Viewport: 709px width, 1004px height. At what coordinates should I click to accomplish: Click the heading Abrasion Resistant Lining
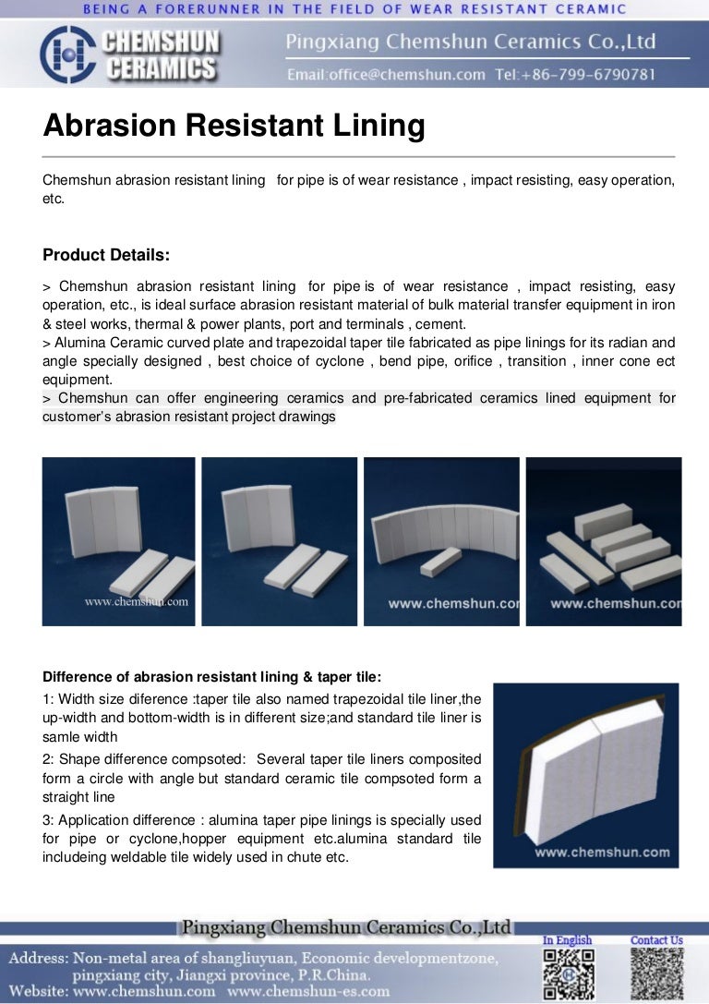[x=234, y=126]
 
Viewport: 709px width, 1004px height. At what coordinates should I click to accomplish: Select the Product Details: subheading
[x=106, y=254]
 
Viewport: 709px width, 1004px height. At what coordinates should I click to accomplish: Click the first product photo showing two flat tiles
[x=118, y=541]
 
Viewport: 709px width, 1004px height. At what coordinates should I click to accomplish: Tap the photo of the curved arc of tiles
[x=441, y=541]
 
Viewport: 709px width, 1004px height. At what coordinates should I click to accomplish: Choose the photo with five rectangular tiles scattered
[x=604, y=541]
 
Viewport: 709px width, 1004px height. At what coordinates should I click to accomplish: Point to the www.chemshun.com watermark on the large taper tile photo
[x=602, y=852]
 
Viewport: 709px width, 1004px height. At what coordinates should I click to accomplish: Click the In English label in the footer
[x=568, y=940]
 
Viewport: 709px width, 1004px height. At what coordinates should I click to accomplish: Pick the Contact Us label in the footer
[x=656, y=940]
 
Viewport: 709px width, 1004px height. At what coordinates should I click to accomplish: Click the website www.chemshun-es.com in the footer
[x=308, y=991]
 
